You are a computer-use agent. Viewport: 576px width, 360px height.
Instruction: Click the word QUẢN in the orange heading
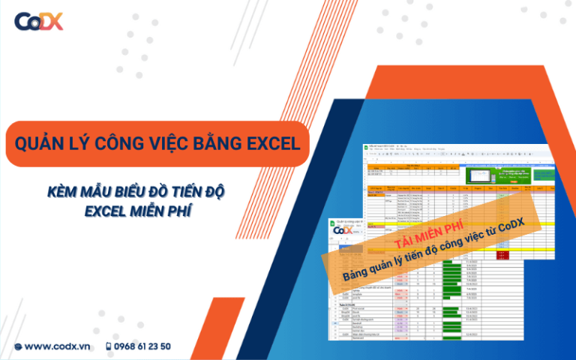coord(41,142)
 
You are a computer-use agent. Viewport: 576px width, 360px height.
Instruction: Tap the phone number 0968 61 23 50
coord(143,346)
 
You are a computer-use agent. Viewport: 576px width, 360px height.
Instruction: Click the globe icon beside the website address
coord(18,346)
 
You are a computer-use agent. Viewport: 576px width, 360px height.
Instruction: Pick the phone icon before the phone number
coord(109,346)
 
